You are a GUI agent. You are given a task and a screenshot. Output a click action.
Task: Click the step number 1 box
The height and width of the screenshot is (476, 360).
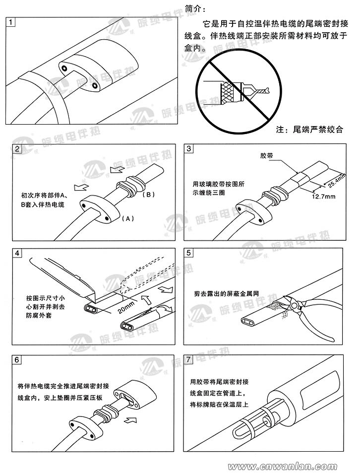point(11,22)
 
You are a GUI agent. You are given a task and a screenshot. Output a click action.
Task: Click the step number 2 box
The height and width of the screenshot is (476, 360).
point(18,149)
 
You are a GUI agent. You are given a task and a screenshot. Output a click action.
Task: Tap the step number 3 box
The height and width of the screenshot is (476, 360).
point(190,149)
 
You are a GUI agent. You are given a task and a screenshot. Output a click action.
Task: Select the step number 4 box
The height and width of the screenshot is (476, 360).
point(18,253)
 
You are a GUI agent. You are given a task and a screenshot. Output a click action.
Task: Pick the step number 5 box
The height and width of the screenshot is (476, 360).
point(190,253)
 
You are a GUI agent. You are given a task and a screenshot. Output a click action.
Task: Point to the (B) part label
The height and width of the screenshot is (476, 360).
point(149,194)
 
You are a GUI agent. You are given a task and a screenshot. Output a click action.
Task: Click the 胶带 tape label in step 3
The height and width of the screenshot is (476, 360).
point(266,156)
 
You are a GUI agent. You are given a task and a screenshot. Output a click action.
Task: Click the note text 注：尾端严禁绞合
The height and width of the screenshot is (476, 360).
point(309,130)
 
